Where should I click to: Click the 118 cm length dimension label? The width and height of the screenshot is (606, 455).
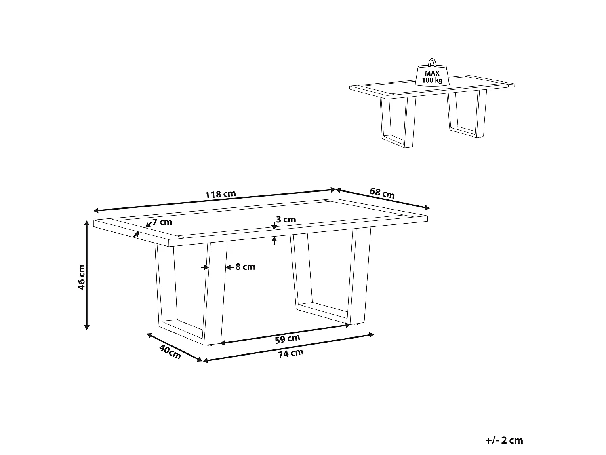tap(220, 194)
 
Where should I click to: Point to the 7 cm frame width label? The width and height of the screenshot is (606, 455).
tap(162, 222)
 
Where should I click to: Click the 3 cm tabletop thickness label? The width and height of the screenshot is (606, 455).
tap(286, 220)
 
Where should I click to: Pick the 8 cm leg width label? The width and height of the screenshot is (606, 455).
tap(245, 267)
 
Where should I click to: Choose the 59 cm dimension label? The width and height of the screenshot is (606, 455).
tap(287, 339)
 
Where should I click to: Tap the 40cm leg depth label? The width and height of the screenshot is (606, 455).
tap(170, 352)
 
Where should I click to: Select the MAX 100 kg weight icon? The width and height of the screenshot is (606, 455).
tap(432, 76)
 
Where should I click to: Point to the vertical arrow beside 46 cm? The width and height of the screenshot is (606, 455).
tap(86, 275)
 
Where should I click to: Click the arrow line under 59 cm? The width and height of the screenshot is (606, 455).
tap(285, 334)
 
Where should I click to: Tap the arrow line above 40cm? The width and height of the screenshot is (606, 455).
tap(174, 347)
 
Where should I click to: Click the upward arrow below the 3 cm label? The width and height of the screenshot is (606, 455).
tap(274, 241)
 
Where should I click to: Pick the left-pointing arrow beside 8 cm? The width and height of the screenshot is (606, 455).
tap(228, 267)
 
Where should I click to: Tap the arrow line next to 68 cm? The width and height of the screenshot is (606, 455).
tap(382, 199)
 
